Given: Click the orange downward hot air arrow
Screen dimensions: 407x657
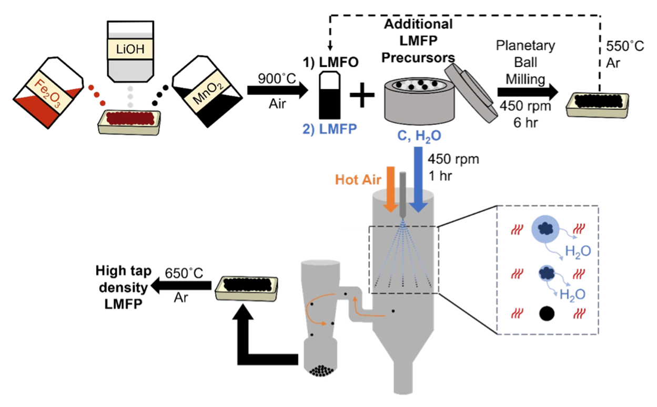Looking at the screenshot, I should click(x=390, y=189).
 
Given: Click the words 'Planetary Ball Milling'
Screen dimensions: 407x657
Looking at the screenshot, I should click(x=525, y=61).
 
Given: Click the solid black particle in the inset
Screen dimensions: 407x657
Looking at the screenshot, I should click(x=547, y=314).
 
